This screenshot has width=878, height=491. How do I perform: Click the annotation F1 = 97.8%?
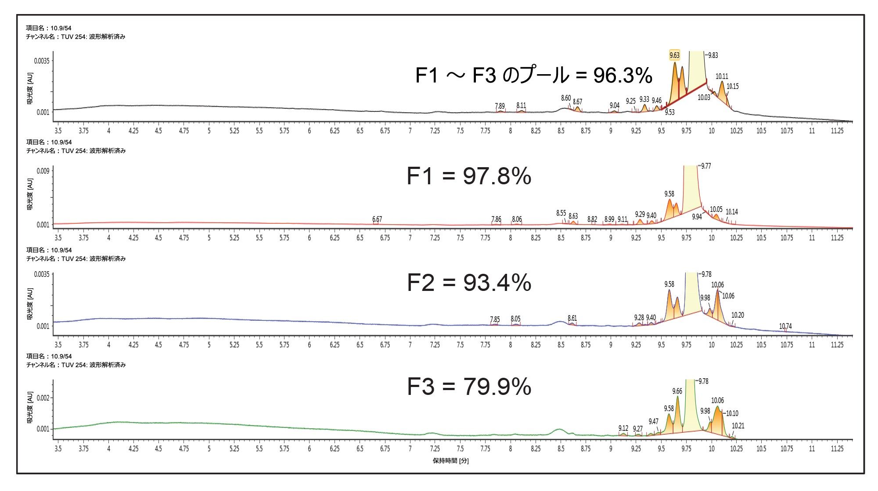click(x=469, y=176)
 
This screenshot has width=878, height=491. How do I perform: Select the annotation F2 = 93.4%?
click(x=469, y=283)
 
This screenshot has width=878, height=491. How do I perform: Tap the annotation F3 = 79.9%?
click(x=469, y=387)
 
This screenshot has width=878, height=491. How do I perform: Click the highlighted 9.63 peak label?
click(x=674, y=55)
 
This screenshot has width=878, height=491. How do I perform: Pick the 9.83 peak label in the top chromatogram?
click(x=713, y=55)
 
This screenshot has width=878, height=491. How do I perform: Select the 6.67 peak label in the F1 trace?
click(x=377, y=219)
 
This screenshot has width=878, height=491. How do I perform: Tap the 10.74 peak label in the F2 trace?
click(x=785, y=326)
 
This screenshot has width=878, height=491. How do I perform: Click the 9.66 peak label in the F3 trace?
click(x=677, y=391)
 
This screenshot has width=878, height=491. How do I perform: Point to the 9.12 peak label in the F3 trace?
click(x=623, y=428)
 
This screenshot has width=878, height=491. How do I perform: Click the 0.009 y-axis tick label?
click(x=43, y=171)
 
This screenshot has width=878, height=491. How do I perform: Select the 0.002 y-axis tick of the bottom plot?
click(x=43, y=398)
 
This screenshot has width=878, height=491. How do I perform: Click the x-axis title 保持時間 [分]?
click(x=450, y=461)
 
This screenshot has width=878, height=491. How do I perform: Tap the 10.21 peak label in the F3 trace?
click(x=738, y=426)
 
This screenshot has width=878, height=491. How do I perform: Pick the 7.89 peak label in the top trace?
click(x=500, y=106)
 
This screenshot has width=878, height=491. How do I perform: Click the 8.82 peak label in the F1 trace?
click(x=592, y=219)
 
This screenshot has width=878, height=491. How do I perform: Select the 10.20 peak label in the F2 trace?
click(x=738, y=315)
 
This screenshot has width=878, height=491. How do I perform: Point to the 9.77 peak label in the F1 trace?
click(x=706, y=166)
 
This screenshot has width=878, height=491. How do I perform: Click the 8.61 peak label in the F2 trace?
click(x=572, y=318)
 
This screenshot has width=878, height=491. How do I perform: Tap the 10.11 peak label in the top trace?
click(x=722, y=76)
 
